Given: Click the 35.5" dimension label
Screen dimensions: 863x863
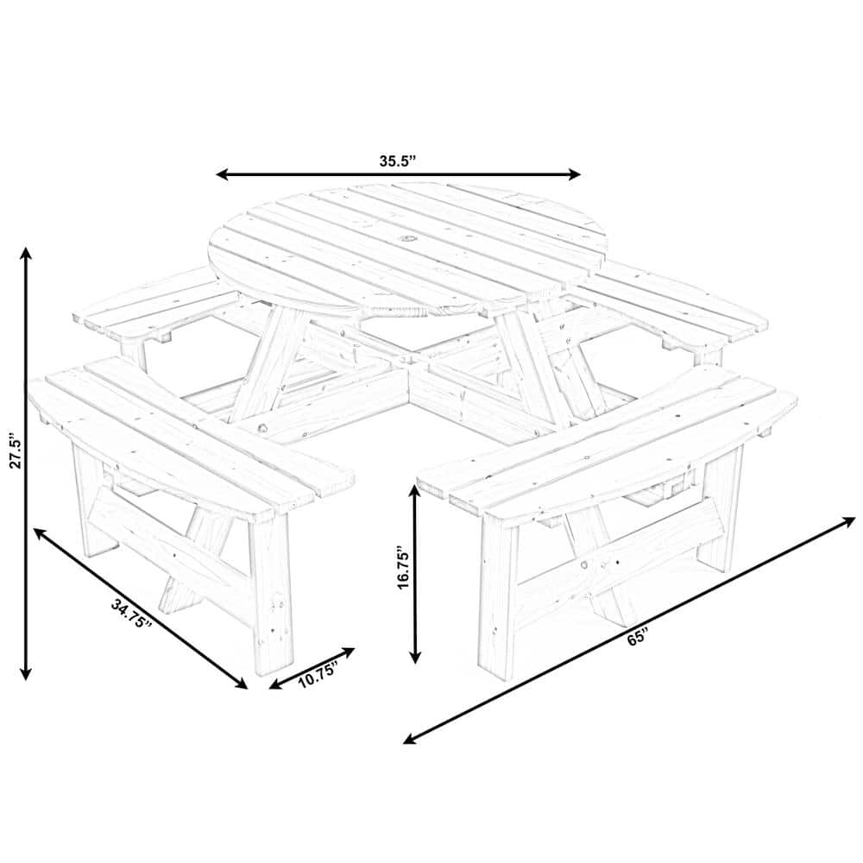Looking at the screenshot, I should [x=398, y=161].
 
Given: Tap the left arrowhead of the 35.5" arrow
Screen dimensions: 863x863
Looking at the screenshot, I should [x=221, y=174].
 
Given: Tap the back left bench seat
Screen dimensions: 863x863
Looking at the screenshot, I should [x=155, y=304].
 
